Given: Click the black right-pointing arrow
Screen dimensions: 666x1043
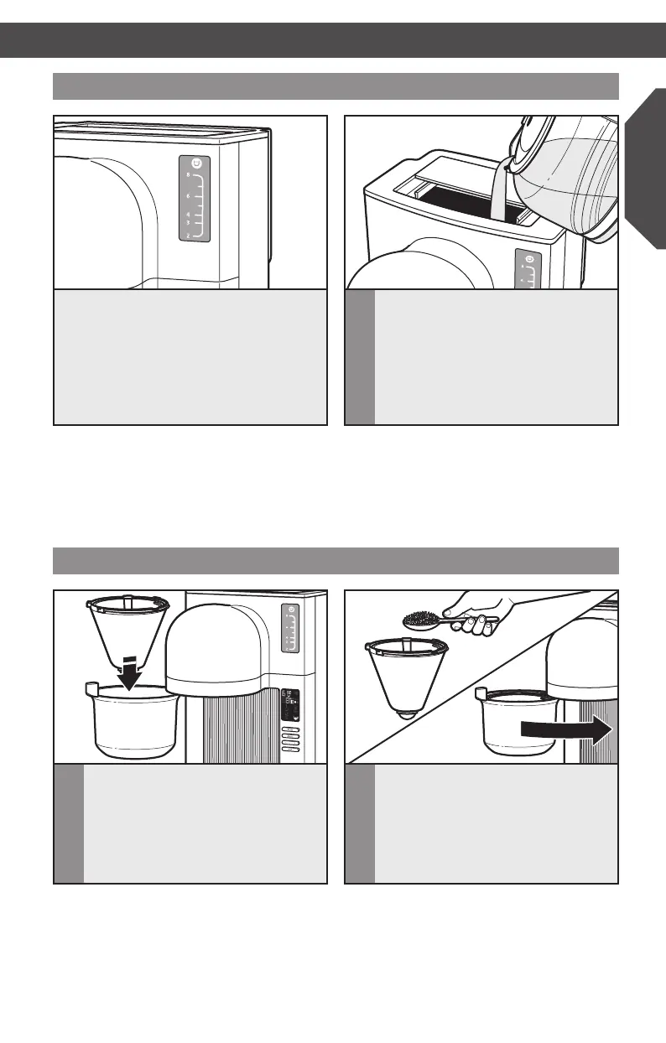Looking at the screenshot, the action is (x=566, y=729).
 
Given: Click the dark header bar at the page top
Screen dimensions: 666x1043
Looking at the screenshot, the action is (x=333, y=39).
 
